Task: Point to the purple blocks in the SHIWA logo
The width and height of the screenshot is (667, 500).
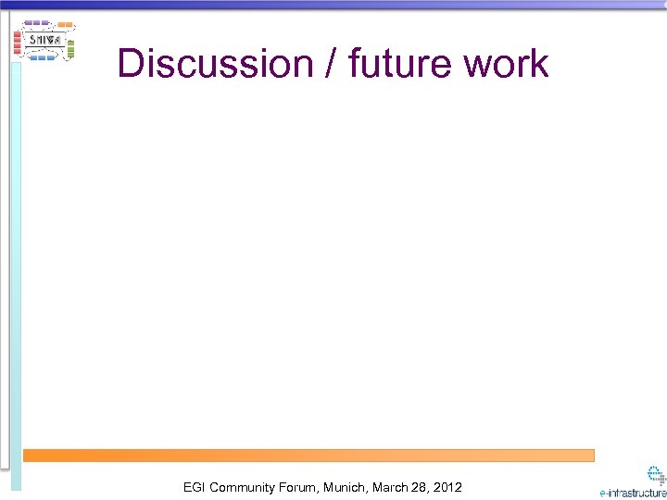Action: click(36, 22)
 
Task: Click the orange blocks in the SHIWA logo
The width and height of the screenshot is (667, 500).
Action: click(65, 25)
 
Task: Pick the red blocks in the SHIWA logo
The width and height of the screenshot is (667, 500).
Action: click(18, 41)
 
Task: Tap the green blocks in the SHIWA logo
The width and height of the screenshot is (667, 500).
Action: click(70, 46)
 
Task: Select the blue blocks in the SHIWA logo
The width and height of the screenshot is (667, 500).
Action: click(43, 57)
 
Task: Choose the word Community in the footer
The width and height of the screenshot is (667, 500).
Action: click(242, 487)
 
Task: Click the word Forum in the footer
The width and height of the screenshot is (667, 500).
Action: click(299, 487)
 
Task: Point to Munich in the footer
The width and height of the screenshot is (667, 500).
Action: click(346, 487)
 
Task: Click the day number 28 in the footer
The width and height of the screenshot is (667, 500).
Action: click(421, 487)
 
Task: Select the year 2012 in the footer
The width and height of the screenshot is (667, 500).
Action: click(447, 487)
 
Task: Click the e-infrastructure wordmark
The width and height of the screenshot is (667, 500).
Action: click(632, 493)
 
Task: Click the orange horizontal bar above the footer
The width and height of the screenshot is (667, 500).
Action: click(308, 456)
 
